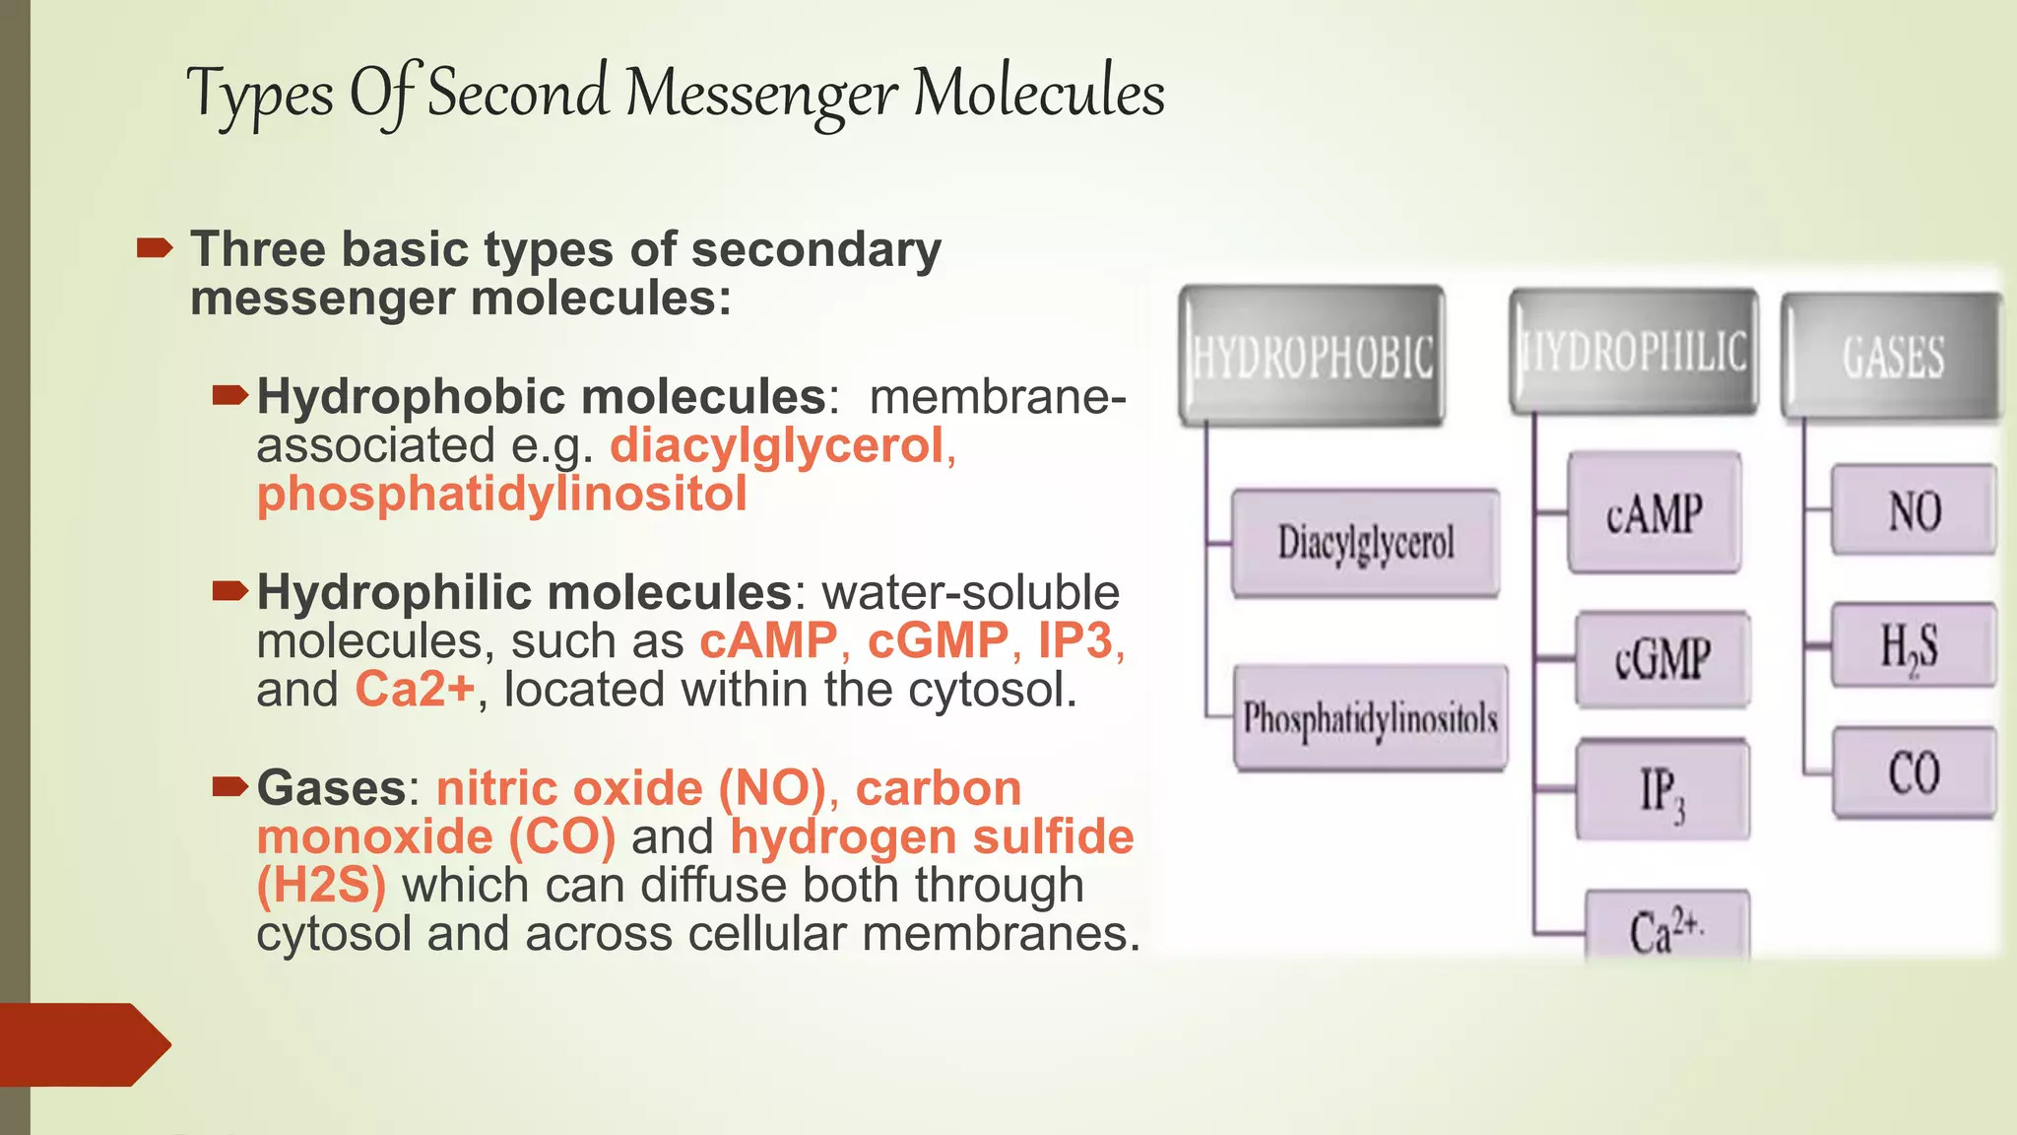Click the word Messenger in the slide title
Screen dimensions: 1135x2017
click(x=760, y=95)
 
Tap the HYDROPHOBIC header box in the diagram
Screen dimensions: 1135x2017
click(x=1312, y=357)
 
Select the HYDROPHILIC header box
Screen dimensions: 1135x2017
click(x=1634, y=353)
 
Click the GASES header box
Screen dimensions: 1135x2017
click(x=1892, y=357)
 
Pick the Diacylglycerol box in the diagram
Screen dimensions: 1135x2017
click(x=1366, y=543)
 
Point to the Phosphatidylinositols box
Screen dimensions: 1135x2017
click(x=1370, y=718)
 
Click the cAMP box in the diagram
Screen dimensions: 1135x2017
click(x=1654, y=513)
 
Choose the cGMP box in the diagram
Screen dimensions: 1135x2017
click(x=1662, y=658)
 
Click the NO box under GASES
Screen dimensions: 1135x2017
click(x=1914, y=511)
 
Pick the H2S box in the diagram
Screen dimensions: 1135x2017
click(x=1913, y=646)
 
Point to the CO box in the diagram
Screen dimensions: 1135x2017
click(x=1914, y=772)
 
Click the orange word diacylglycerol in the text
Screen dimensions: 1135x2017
click(x=777, y=446)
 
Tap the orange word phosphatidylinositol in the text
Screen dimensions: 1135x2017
click(x=501, y=495)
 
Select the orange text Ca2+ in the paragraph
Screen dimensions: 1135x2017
click(x=415, y=690)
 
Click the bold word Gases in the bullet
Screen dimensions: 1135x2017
click(x=331, y=788)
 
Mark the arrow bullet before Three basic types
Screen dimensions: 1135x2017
click(x=155, y=248)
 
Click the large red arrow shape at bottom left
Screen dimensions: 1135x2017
click(x=84, y=1044)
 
